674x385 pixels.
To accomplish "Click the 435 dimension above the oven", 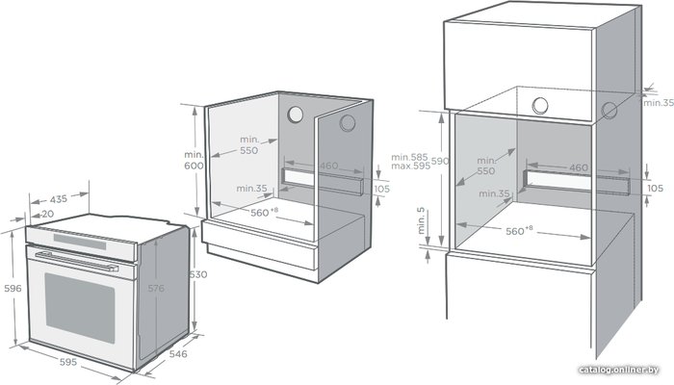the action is click(59, 199).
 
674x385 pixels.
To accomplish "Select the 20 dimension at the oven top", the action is click(48, 214).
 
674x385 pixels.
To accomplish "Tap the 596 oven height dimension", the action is click(13, 289).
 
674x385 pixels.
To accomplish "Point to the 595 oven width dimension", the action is click(68, 362).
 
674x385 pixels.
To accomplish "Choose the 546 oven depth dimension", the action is click(178, 353).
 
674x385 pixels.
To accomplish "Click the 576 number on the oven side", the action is click(156, 289).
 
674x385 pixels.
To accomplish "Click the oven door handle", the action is click(76, 262).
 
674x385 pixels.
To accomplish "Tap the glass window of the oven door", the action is click(80, 308).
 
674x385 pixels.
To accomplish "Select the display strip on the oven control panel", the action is click(80, 242).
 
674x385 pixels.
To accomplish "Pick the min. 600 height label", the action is click(194, 161).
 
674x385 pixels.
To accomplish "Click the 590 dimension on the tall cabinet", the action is click(440, 161).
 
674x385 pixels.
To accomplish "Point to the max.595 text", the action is click(410, 167).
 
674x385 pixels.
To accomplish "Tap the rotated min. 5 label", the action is click(422, 220).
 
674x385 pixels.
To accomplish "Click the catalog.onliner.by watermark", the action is click(618, 370).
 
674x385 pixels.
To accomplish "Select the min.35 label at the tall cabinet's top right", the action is click(659, 103).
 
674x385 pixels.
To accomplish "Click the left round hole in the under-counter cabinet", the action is click(296, 115).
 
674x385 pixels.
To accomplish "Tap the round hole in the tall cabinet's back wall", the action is click(540, 106).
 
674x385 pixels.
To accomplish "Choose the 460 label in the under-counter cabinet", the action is click(329, 166).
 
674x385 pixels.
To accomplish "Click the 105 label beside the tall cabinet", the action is click(655, 189).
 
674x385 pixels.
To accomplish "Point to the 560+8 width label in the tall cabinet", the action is click(519, 230).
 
